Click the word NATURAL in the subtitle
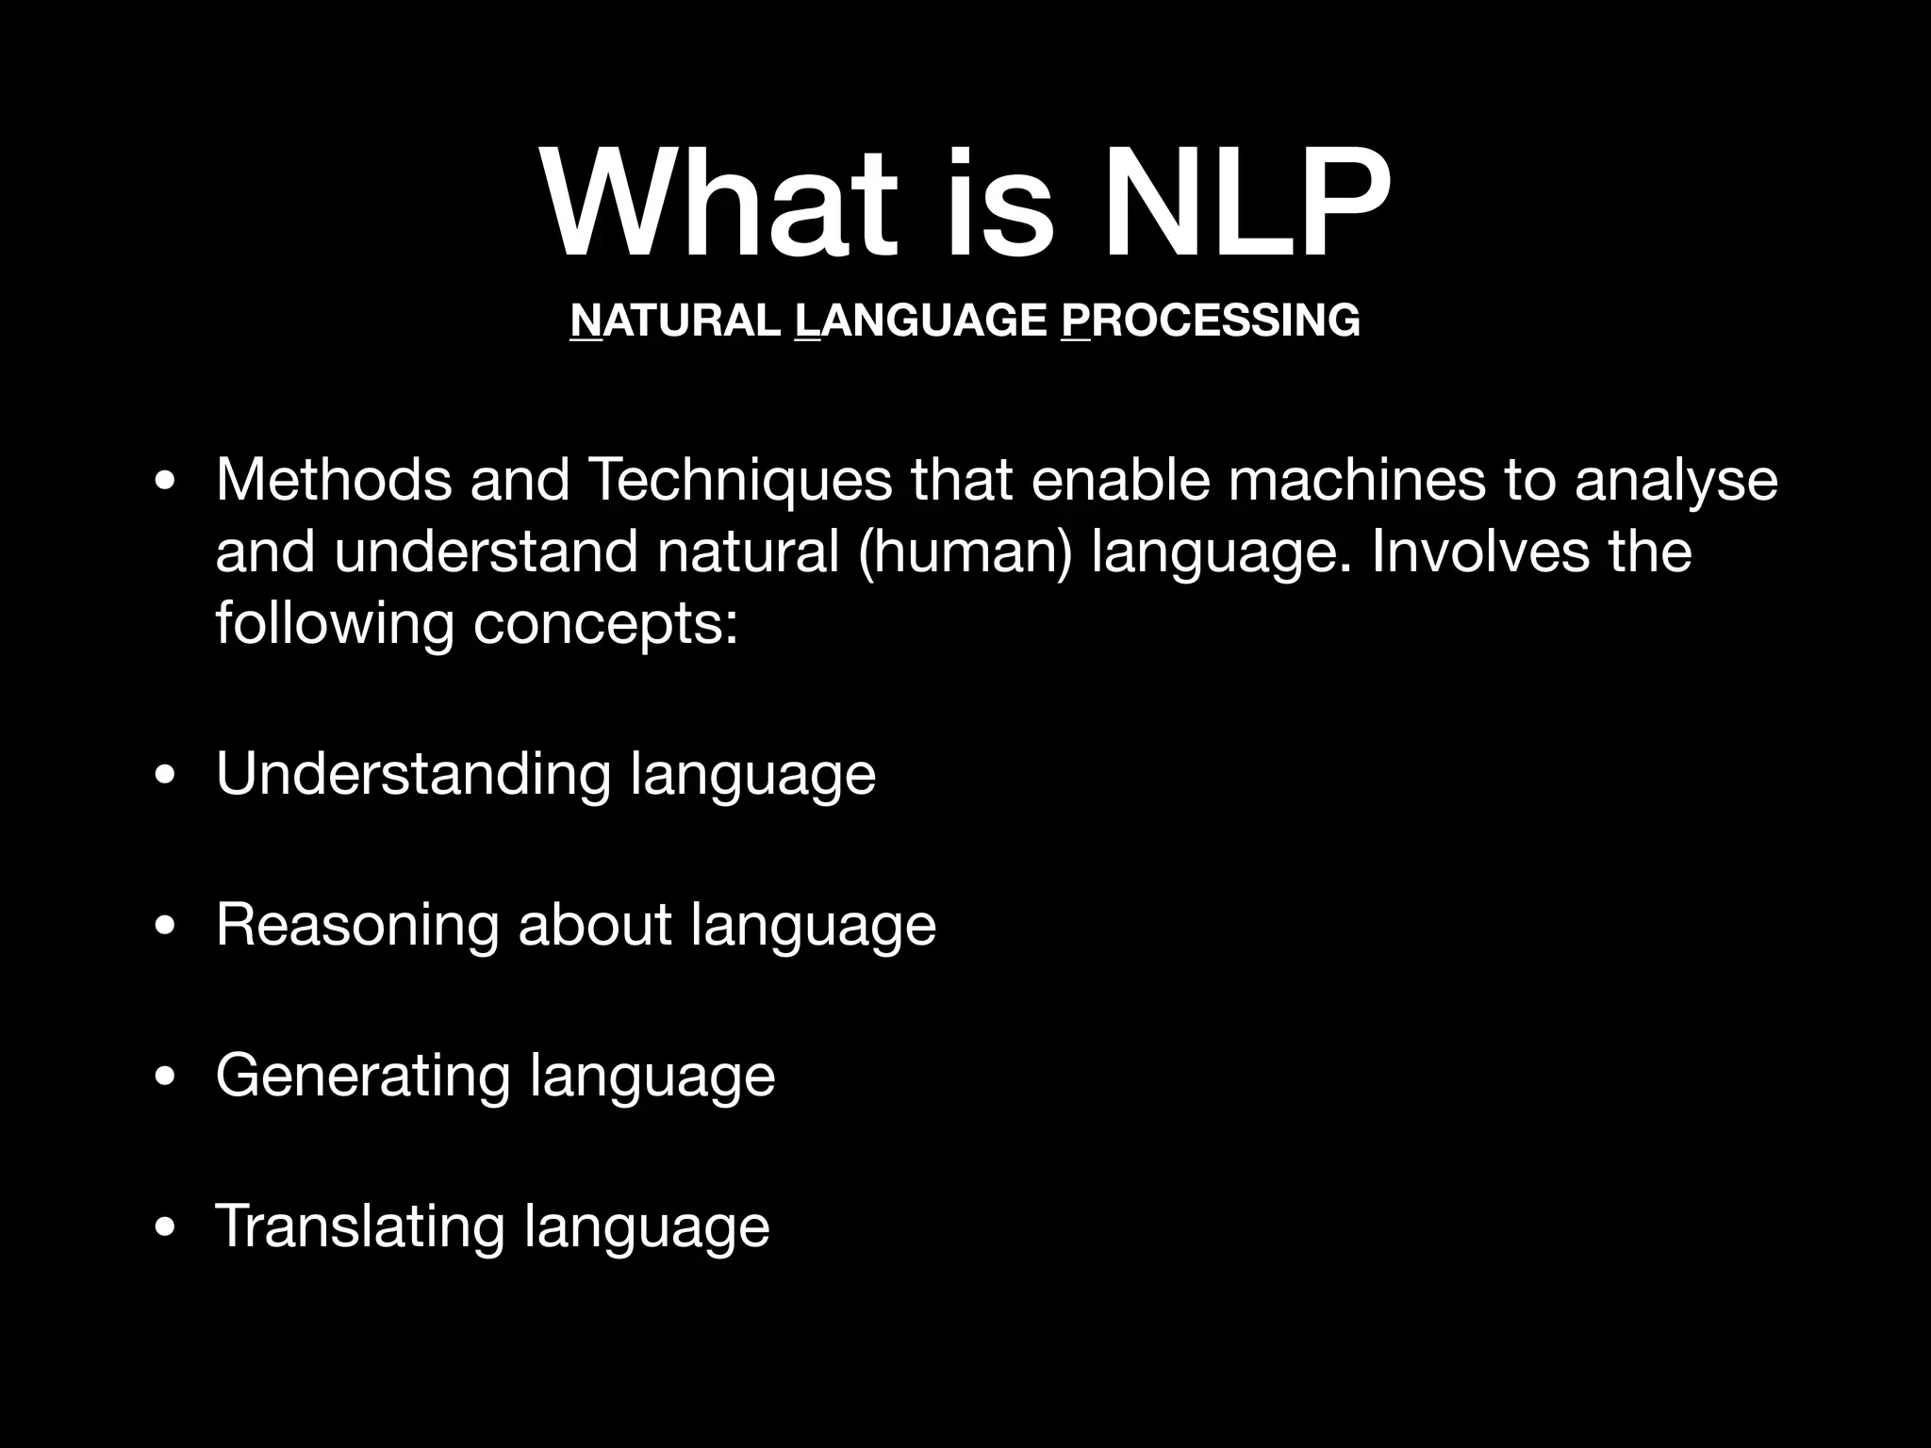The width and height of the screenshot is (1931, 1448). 674,321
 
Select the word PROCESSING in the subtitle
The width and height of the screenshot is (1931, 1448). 1211,321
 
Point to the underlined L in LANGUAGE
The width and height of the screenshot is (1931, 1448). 808,321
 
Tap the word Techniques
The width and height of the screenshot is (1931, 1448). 739,481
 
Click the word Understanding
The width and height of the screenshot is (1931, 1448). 414,775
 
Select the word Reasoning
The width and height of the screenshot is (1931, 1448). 357,926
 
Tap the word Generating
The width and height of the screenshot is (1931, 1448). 363,1077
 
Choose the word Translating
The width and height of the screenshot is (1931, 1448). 360,1226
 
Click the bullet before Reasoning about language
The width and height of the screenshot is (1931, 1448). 166,927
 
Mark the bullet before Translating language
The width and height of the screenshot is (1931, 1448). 166,1228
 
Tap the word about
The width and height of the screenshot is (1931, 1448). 594,925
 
